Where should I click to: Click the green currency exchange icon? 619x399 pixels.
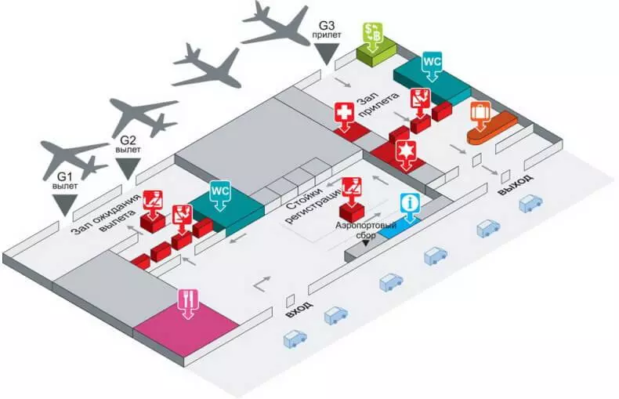[372, 36]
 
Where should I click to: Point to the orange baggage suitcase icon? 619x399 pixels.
[480, 115]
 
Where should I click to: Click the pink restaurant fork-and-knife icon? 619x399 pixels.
[188, 303]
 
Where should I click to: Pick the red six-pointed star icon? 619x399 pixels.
[405, 154]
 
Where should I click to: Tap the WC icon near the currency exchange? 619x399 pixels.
[433, 66]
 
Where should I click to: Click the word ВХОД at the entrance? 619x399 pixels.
[299, 310]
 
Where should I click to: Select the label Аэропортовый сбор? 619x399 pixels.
[366, 230]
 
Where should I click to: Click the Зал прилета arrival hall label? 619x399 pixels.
[378, 103]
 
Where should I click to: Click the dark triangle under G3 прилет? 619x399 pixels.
[326, 54]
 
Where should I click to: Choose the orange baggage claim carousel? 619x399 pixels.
[491, 128]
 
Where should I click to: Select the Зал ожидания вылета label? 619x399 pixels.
[107, 215]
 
